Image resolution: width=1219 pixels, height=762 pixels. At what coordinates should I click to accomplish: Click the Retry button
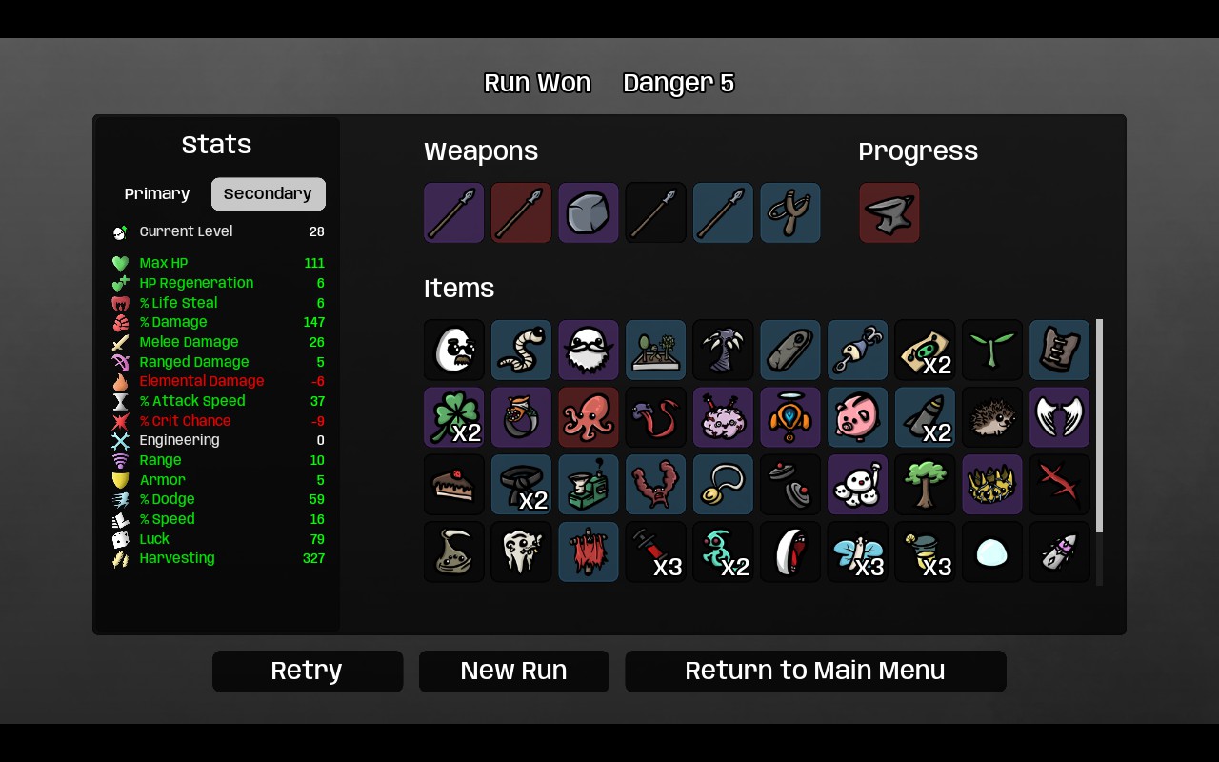tap(308, 672)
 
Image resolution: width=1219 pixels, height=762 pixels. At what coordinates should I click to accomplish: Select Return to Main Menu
tap(815, 672)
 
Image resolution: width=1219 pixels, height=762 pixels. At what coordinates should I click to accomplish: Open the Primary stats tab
tap(157, 193)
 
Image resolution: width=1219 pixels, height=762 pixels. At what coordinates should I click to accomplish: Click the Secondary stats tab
tap(269, 193)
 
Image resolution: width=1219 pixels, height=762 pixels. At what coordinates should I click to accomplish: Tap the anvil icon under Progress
tap(889, 212)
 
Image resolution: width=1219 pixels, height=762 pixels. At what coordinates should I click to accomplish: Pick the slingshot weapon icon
tap(790, 212)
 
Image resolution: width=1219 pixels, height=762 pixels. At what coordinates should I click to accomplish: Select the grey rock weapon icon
tap(589, 212)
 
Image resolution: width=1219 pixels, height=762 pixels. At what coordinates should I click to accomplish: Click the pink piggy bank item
tap(858, 417)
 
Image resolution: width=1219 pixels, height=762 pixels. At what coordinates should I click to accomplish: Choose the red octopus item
tap(589, 417)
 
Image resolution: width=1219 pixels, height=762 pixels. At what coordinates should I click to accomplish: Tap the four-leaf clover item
tap(454, 417)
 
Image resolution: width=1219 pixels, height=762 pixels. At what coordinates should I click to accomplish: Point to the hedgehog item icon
tap(992, 417)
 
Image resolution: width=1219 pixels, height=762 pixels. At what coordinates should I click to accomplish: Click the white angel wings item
tap(1060, 417)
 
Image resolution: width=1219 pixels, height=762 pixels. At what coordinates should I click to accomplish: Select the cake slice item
tap(454, 485)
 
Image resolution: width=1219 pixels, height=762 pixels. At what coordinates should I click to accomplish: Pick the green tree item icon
tap(925, 485)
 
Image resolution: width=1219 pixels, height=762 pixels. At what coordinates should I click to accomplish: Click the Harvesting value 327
tap(313, 558)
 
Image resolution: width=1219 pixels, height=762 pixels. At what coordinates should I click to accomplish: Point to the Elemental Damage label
tap(202, 381)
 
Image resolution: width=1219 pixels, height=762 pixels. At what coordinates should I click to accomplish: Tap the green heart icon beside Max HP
tap(120, 264)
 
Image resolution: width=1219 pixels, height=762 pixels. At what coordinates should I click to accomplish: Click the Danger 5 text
tap(679, 83)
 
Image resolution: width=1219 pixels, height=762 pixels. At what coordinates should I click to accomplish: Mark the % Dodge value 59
tap(317, 499)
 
